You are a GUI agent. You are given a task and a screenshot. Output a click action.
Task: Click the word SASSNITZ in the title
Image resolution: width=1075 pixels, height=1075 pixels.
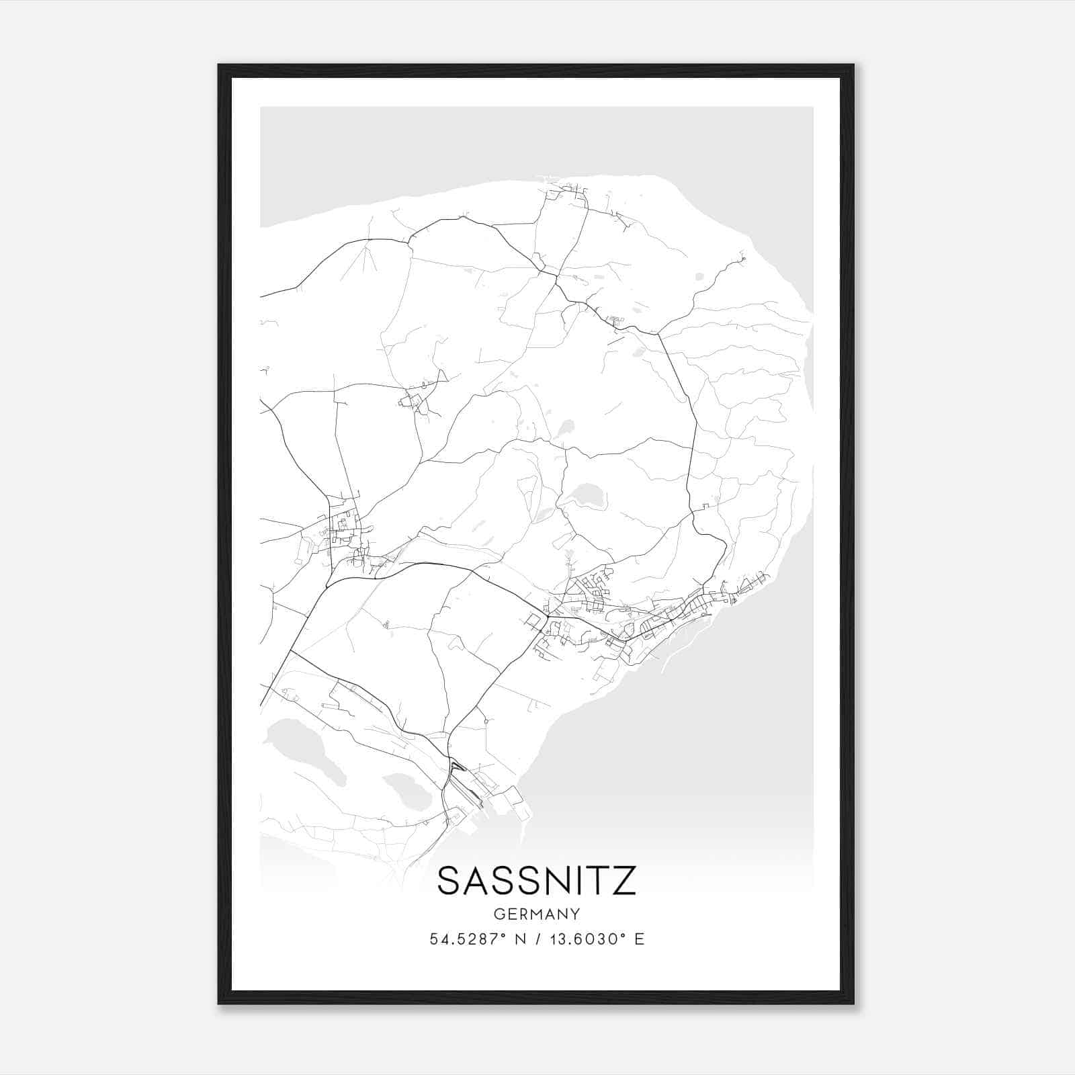(536, 881)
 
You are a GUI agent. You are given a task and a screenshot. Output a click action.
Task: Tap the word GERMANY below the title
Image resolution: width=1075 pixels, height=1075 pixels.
(536, 914)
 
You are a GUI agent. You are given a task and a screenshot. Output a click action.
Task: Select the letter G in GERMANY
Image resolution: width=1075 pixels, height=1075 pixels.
(498, 914)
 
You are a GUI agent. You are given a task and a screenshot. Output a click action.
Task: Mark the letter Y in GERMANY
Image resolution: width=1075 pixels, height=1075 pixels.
(575, 914)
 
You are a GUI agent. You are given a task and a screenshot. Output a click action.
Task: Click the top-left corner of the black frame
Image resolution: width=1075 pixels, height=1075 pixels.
(220, 66)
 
